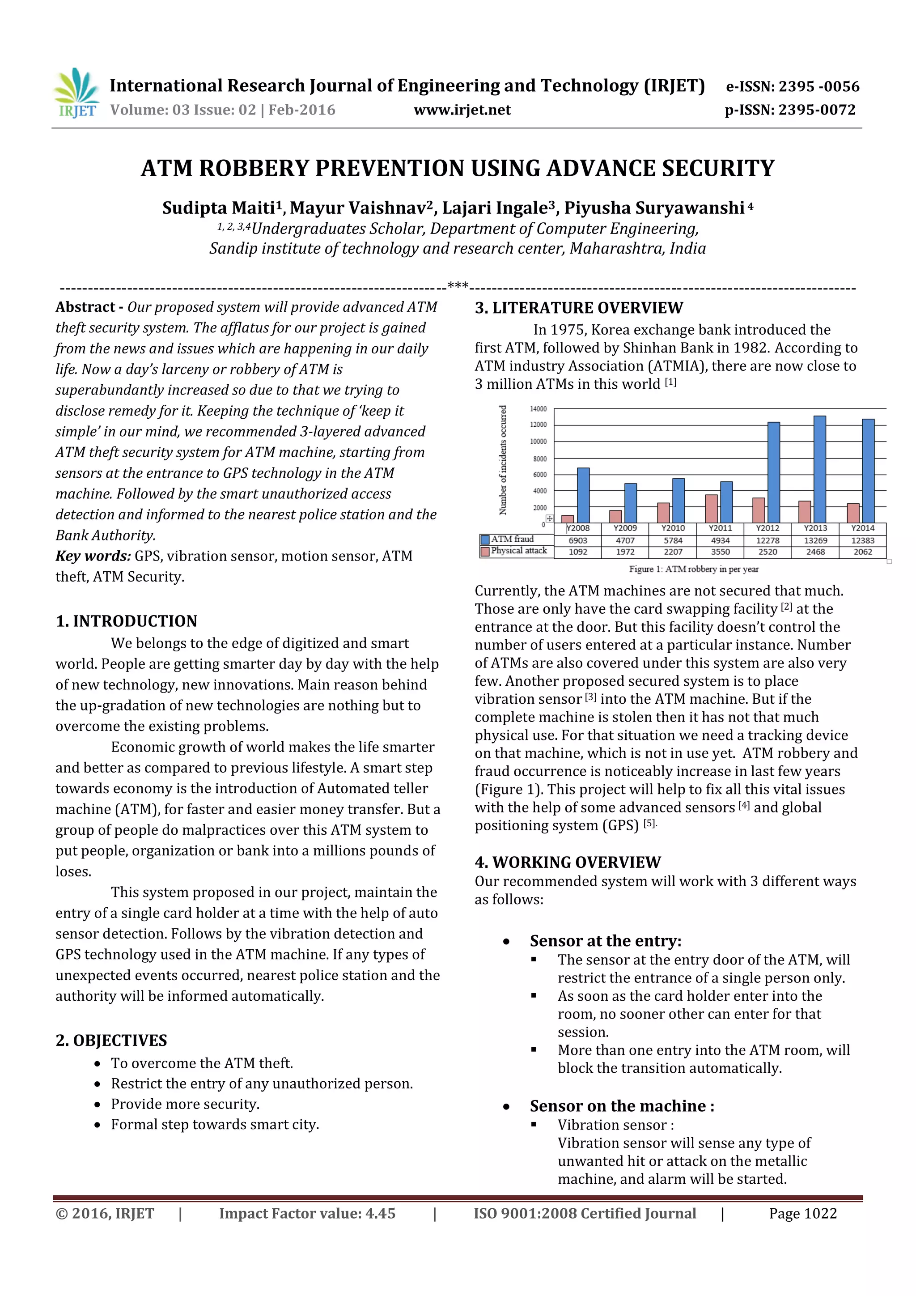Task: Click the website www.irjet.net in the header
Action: pyautogui.click(x=462, y=110)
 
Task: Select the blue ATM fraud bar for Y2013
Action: pyautogui.click(x=819, y=469)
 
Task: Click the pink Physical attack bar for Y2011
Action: pyautogui.click(x=712, y=508)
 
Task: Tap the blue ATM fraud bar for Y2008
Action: pyautogui.click(x=583, y=495)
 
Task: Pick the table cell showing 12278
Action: pyautogui.click(x=768, y=540)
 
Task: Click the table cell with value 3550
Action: pyautogui.click(x=720, y=552)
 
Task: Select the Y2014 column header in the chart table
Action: pyautogui.click(x=862, y=528)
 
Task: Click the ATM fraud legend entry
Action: pyautogui.click(x=511, y=539)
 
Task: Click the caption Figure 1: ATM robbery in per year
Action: pyautogui.click(x=694, y=569)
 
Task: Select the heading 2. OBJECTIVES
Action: pyautogui.click(x=111, y=1040)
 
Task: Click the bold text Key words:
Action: pyautogui.click(x=93, y=556)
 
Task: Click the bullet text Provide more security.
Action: pyautogui.click(x=185, y=1104)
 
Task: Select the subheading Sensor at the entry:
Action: pyautogui.click(x=605, y=941)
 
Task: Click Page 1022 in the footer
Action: pyautogui.click(x=802, y=1214)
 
